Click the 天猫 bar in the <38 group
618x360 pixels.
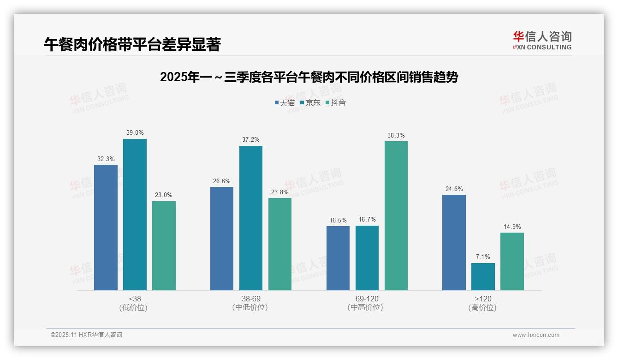pyautogui.click(x=106, y=228)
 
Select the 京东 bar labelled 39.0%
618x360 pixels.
pyautogui.click(x=135, y=215)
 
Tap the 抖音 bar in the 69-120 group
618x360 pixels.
pyautogui.click(x=396, y=216)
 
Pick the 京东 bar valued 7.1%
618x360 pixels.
pyautogui.click(x=483, y=276)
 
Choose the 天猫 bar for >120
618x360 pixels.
pyautogui.click(x=454, y=242)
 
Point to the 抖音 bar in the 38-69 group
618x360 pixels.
pyautogui.click(x=280, y=244)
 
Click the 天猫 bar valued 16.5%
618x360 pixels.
pyautogui.click(x=338, y=258)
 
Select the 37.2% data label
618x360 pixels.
pyautogui.click(x=250, y=140)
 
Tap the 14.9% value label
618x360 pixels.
pyautogui.click(x=512, y=227)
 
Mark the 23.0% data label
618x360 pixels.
pyautogui.click(x=164, y=195)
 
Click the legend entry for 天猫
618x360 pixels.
pyautogui.click(x=285, y=102)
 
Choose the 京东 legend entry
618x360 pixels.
pyautogui.click(x=310, y=102)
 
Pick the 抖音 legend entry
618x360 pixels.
pyautogui.click(x=336, y=102)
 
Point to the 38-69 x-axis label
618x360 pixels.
pyautogui.click(x=250, y=299)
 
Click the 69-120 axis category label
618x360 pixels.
pyautogui.click(x=367, y=299)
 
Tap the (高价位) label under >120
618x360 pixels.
pyautogui.click(x=483, y=307)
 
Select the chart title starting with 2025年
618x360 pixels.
pyautogui.click(x=309, y=77)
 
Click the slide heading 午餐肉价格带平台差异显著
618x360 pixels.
pyautogui.click(x=132, y=44)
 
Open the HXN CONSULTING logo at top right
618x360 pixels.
pyautogui.click(x=542, y=40)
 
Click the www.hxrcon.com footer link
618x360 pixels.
pyautogui.click(x=536, y=335)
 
